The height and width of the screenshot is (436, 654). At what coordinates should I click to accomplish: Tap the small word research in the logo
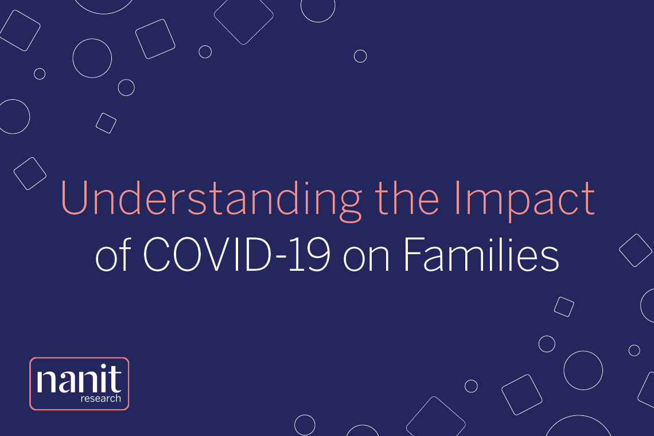(102, 399)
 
